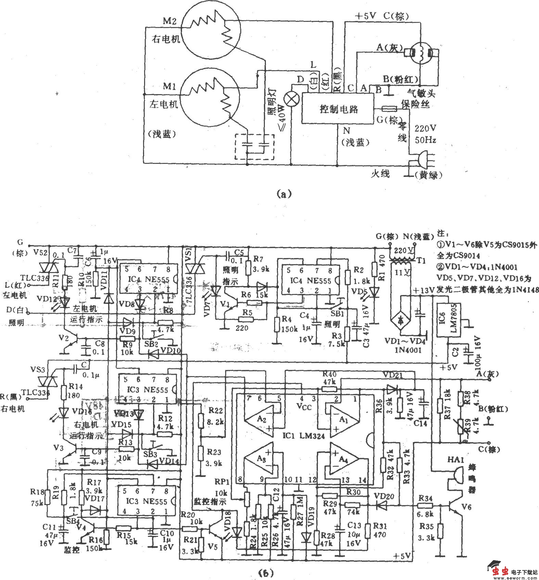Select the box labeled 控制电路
pyautogui.click(x=338, y=109)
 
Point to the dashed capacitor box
pyautogui.click(x=254, y=147)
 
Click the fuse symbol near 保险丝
pyautogui.click(x=389, y=109)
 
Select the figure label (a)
pyautogui.click(x=284, y=194)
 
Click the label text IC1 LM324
pyautogui.click(x=303, y=436)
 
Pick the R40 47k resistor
pyautogui.click(x=329, y=388)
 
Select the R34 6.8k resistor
pyautogui.click(x=425, y=505)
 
